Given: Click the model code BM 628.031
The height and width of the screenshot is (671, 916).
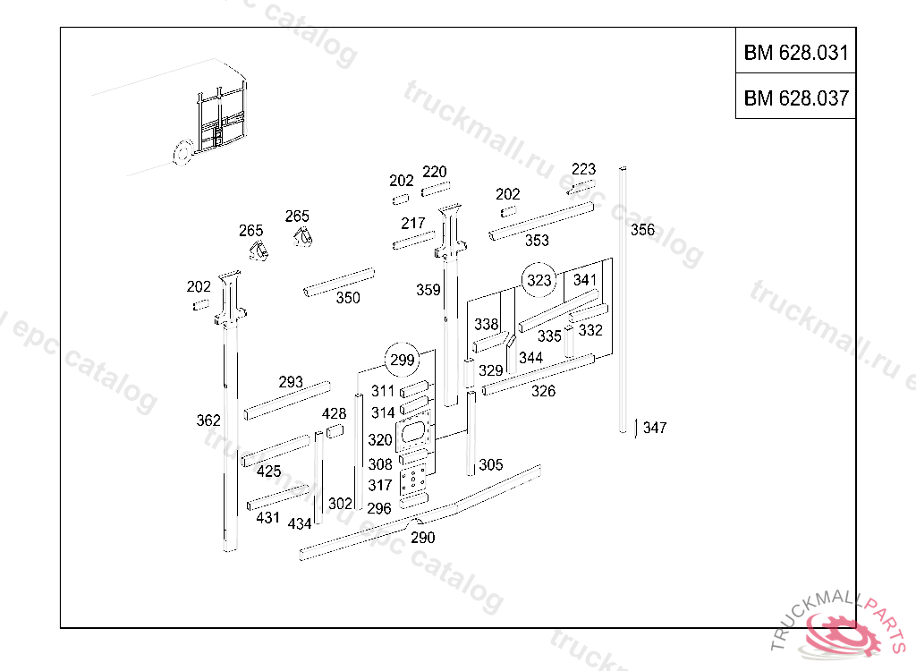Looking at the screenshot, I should (x=795, y=52).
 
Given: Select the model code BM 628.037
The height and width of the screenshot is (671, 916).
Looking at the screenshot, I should (x=795, y=98).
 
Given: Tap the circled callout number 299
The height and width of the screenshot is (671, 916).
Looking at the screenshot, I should (x=403, y=360).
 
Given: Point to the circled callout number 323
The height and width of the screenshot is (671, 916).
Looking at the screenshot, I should (x=539, y=281).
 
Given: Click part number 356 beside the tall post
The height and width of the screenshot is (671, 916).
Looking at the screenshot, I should (x=642, y=230).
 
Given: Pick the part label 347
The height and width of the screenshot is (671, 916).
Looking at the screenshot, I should (x=655, y=429).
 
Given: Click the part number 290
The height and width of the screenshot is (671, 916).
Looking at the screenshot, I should (x=422, y=538).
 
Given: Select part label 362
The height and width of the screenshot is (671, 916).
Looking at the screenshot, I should (x=208, y=420).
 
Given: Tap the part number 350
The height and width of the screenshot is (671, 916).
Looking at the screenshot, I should (x=348, y=298).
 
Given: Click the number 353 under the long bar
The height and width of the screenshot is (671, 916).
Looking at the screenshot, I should (x=537, y=241).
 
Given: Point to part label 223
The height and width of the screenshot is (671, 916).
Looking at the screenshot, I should (x=583, y=169).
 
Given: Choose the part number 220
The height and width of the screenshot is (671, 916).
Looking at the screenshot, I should (x=435, y=172).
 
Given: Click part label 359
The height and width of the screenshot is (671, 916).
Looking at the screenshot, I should (x=428, y=290).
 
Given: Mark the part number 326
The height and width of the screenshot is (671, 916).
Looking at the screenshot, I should (x=543, y=391).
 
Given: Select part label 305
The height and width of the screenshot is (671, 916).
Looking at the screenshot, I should (x=491, y=465).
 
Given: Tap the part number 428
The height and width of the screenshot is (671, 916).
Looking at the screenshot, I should (x=334, y=413).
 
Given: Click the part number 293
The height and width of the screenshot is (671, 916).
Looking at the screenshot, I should (x=291, y=382).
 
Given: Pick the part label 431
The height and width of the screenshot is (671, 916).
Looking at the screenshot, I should (x=267, y=518).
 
